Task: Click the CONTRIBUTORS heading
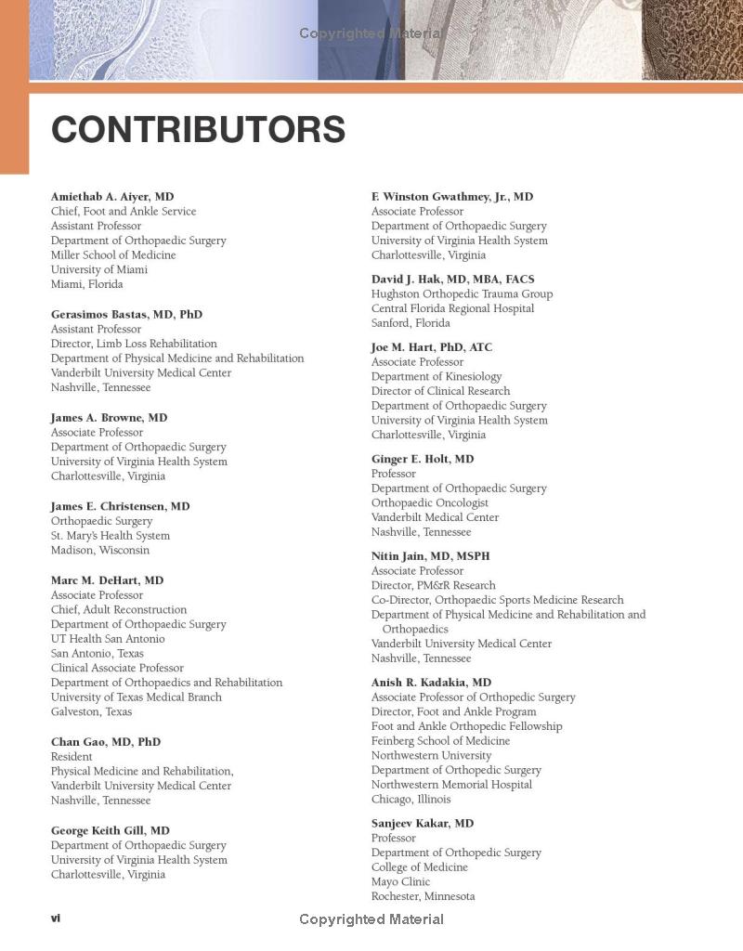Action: (x=198, y=130)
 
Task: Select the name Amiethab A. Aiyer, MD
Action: (x=112, y=197)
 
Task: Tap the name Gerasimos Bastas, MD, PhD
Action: (x=126, y=315)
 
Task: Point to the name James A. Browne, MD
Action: (x=110, y=418)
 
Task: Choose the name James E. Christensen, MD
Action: (x=121, y=506)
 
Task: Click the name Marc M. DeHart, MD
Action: (x=108, y=580)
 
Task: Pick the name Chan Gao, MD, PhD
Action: (x=106, y=742)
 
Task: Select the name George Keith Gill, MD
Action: (x=111, y=831)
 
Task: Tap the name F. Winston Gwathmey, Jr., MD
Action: (x=452, y=197)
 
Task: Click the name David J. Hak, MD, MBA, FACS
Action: (x=453, y=280)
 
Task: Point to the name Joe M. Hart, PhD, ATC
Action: (x=432, y=347)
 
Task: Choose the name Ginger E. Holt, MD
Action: (x=423, y=459)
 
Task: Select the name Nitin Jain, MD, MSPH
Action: (x=431, y=556)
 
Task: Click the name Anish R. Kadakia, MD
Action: (x=432, y=683)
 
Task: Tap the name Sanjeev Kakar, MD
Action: (x=423, y=824)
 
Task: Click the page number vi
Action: (x=56, y=918)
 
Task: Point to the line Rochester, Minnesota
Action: (x=424, y=897)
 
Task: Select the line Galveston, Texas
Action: (x=91, y=712)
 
